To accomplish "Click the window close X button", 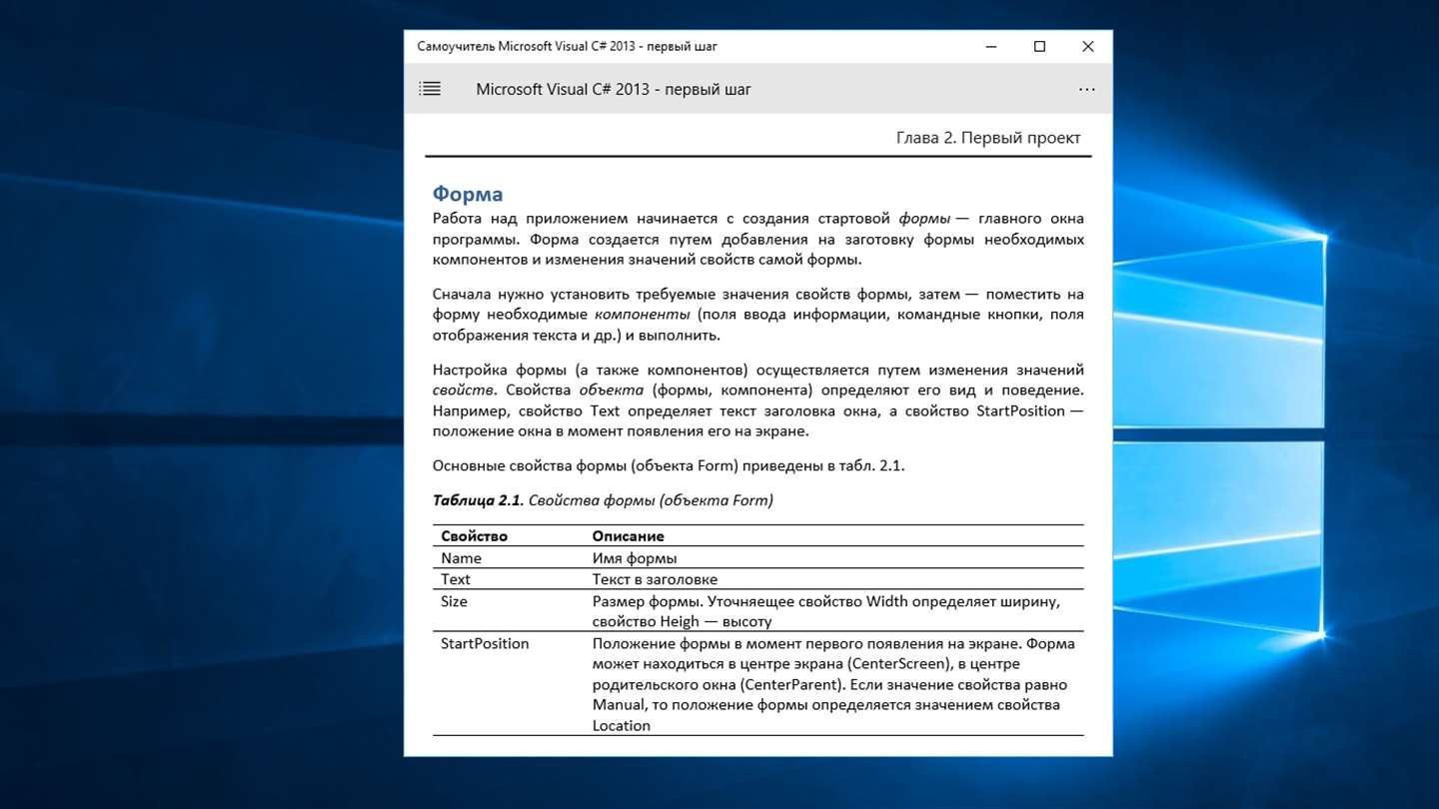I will pyautogui.click(x=1087, y=47).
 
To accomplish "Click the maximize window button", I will pyautogui.click(x=1039, y=47).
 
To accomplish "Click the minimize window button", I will pyautogui.click(x=991, y=47).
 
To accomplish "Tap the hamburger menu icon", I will pyautogui.click(x=430, y=89).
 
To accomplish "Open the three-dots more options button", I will pyautogui.click(x=1087, y=90).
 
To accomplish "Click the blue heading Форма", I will pyautogui.click(x=467, y=194).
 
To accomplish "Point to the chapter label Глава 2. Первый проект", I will pyautogui.click(x=987, y=138).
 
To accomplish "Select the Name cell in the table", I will pyautogui.click(x=461, y=558).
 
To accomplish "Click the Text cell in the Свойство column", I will pyautogui.click(x=456, y=579).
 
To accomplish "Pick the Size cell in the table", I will pyautogui.click(x=454, y=601).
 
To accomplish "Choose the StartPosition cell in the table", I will pyautogui.click(x=485, y=643).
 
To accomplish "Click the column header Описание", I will pyautogui.click(x=628, y=536).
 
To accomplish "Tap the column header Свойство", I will pyautogui.click(x=474, y=536).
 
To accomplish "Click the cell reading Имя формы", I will pyautogui.click(x=634, y=558).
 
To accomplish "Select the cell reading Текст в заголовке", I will pyautogui.click(x=655, y=579).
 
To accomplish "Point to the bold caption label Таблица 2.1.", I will pyautogui.click(x=478, y=500).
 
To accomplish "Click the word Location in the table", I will pyautogui.click(x=621, y=726).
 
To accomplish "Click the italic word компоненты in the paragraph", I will pyautogui.click(x=649, y=315).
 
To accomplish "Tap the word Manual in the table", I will pyautogui.click(x=619, y=705).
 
